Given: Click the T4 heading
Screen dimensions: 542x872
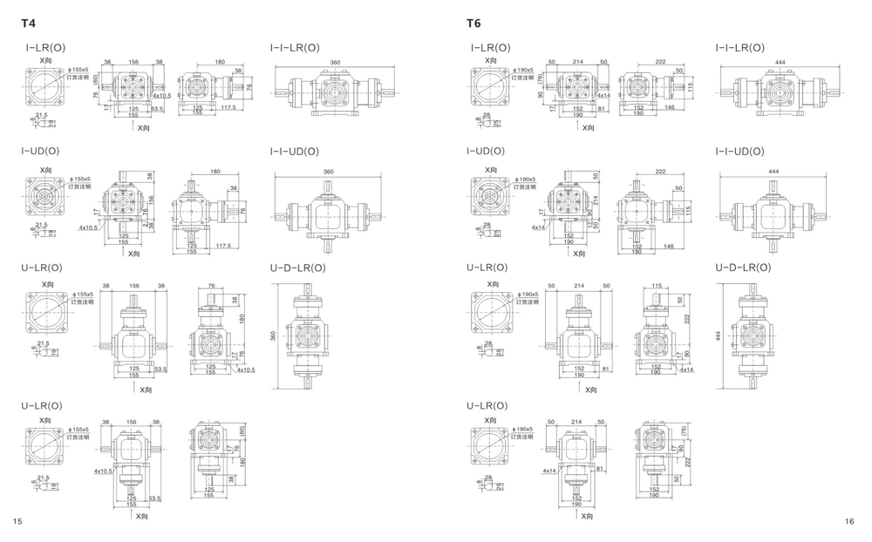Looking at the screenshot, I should pyautogui.click(x=30, y=24).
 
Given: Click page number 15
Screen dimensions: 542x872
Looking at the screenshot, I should pyautogui.click(x=17, y=520).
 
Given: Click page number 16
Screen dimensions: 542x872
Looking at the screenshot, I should pyautogui.click(x=849, y=520).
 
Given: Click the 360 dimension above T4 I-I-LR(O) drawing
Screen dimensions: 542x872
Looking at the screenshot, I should pyautogui.click(x=335, y=64).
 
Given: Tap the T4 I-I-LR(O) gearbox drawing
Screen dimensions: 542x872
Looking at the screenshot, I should pyautogui.click(x=335, y=93).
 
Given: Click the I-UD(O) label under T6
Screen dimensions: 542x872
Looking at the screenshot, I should pyautogui.click(x=486, y=152).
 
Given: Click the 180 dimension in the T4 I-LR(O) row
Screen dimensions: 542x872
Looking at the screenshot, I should pyautogui.click(x=220, y=63).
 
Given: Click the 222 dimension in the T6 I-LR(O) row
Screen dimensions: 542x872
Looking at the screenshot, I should pyautogui.click(x=660, y=63).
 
